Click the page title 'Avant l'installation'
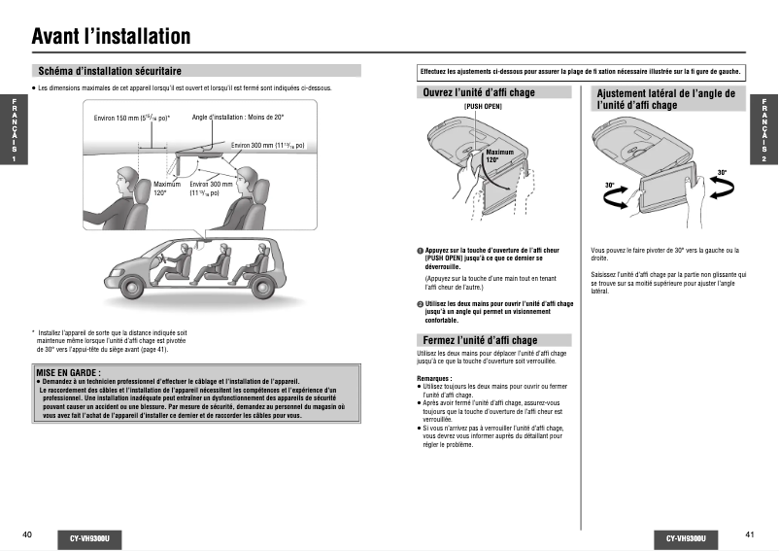point(111,37)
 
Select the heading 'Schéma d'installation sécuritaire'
point(109,71)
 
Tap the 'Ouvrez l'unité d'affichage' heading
point(479,93)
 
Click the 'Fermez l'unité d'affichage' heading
point(480,340)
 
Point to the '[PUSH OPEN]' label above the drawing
point(483,106)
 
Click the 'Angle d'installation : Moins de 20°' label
point(238,118)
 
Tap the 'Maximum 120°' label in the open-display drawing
point(499,155)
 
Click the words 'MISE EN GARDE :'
point(67,372)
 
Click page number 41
point(750,534)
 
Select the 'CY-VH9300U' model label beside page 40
point(89,537)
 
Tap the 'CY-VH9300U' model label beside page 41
point(686,537)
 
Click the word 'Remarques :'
point(434,377)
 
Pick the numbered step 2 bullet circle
point(420,304)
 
